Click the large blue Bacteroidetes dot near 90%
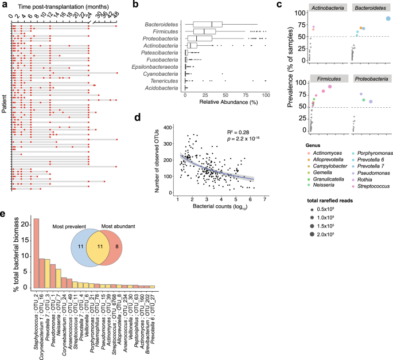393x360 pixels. (388, 18)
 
